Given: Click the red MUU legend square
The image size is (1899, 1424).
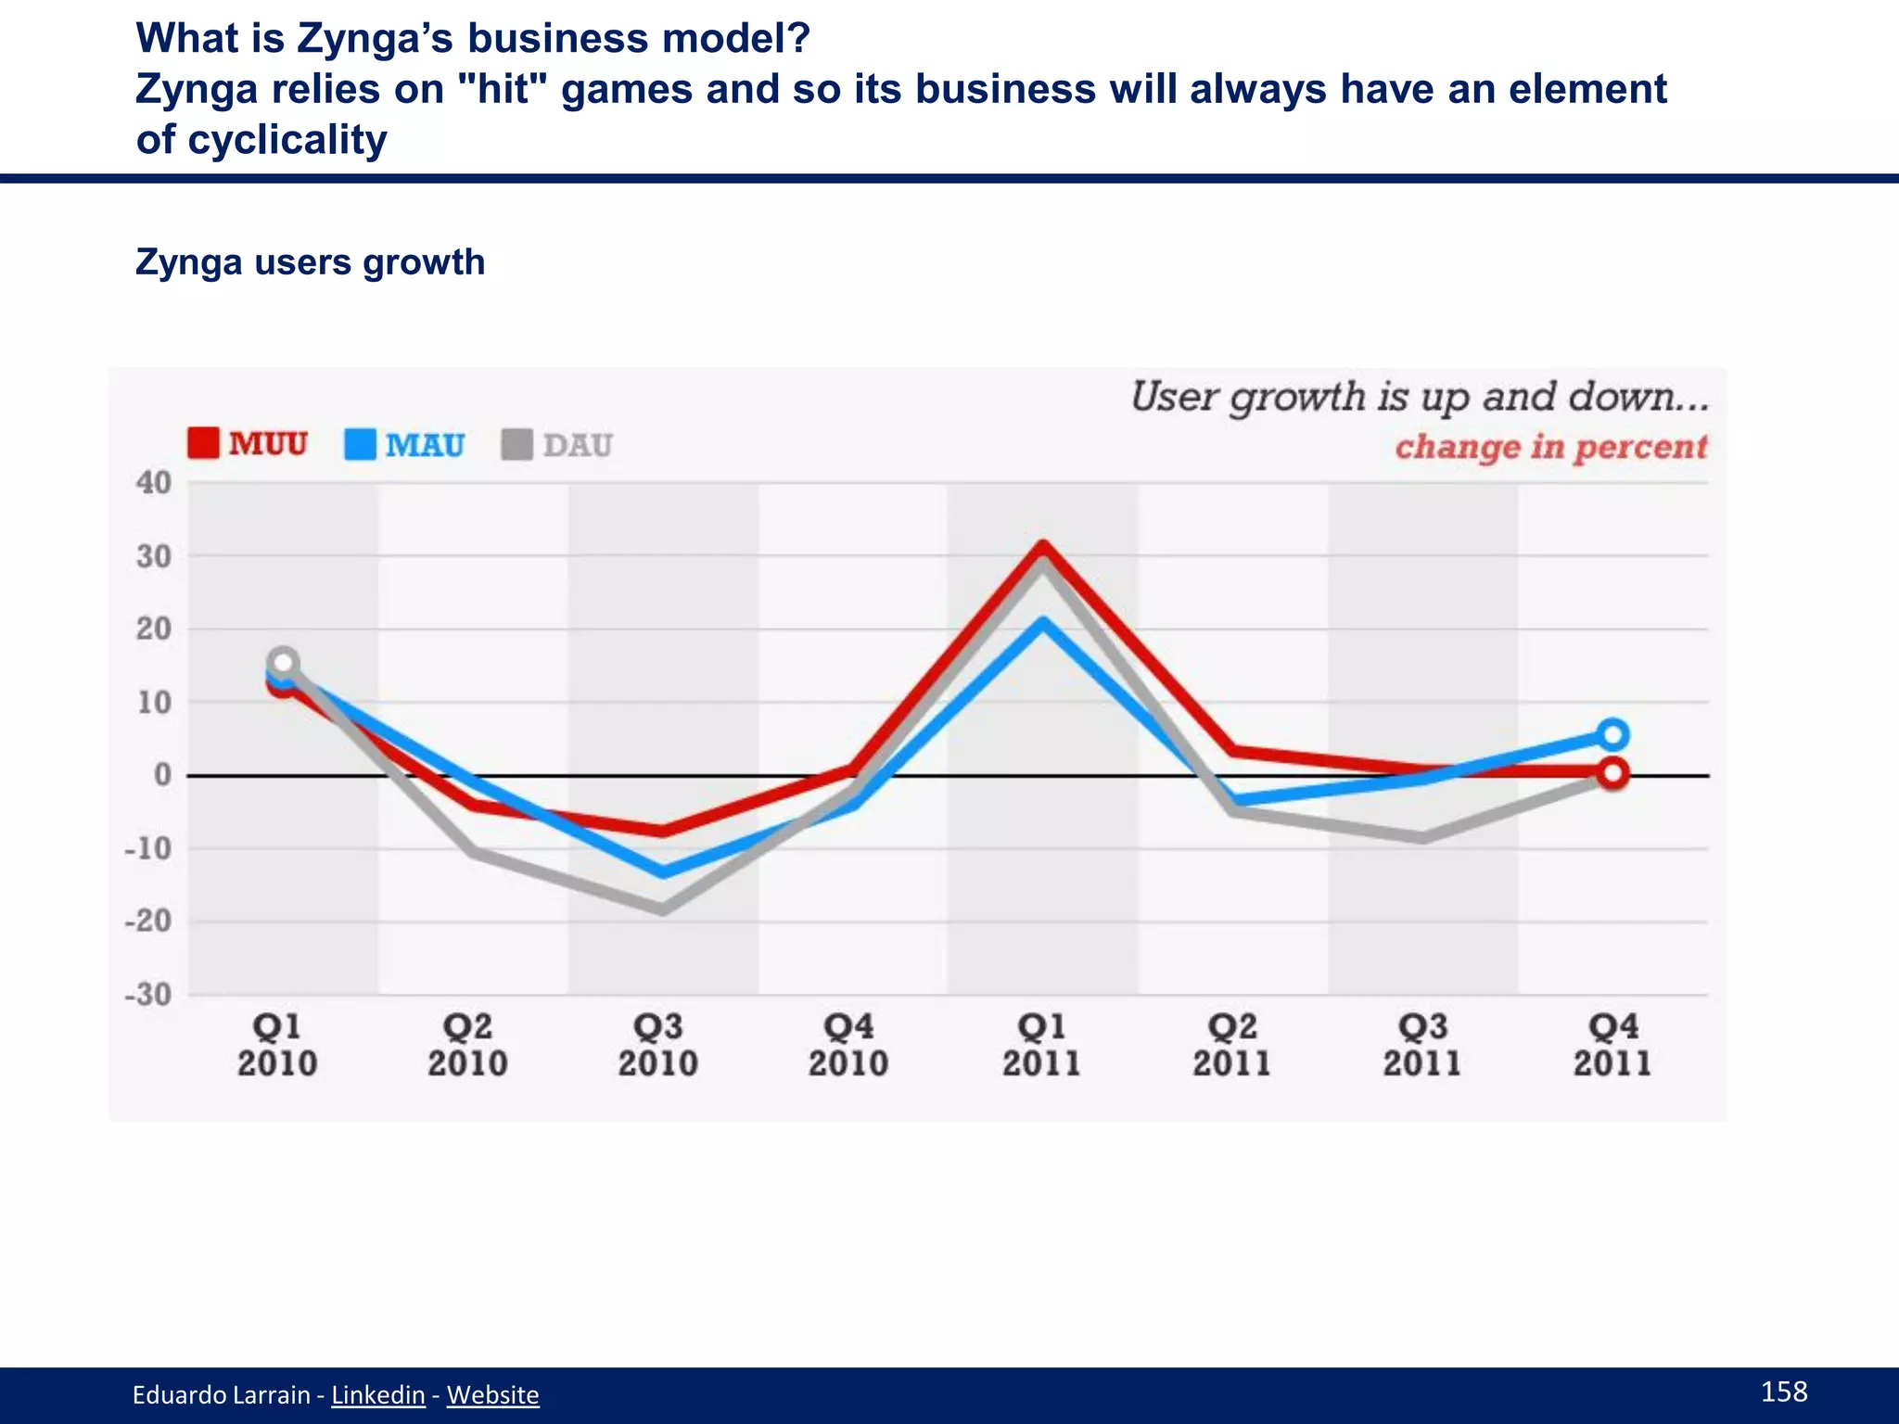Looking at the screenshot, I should point(203,443).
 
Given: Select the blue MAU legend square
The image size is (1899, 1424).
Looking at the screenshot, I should point(360,444).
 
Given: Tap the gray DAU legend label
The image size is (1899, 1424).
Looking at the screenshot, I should point(577,445).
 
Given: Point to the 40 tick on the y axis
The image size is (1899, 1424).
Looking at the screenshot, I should point(154,482).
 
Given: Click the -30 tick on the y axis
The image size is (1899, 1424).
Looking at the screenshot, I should point(149,995).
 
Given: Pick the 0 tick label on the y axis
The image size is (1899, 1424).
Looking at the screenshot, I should point(162,775).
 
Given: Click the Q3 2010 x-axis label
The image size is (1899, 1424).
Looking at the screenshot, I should point(658,1045).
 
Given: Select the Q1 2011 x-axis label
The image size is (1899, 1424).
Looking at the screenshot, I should point(1041,1045).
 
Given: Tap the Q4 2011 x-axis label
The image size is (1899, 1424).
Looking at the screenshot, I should point(1612,1045).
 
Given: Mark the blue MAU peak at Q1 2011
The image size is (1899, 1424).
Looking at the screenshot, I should point(1043,622).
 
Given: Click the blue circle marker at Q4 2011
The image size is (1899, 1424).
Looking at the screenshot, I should point(1612,734).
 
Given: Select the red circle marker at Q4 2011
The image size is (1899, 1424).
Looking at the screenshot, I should point(1612,773).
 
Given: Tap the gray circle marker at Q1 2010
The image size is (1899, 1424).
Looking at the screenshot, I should point(284,662).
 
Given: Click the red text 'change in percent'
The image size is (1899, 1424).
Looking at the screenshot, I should point(1550,447).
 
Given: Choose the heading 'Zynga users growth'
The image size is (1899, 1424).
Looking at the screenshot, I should point(310,262).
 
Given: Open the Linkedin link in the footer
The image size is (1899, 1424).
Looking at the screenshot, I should point(378,1394).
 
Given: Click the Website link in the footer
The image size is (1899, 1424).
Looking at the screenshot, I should point(492,1394).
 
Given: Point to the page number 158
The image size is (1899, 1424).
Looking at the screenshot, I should point(1783,1391).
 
